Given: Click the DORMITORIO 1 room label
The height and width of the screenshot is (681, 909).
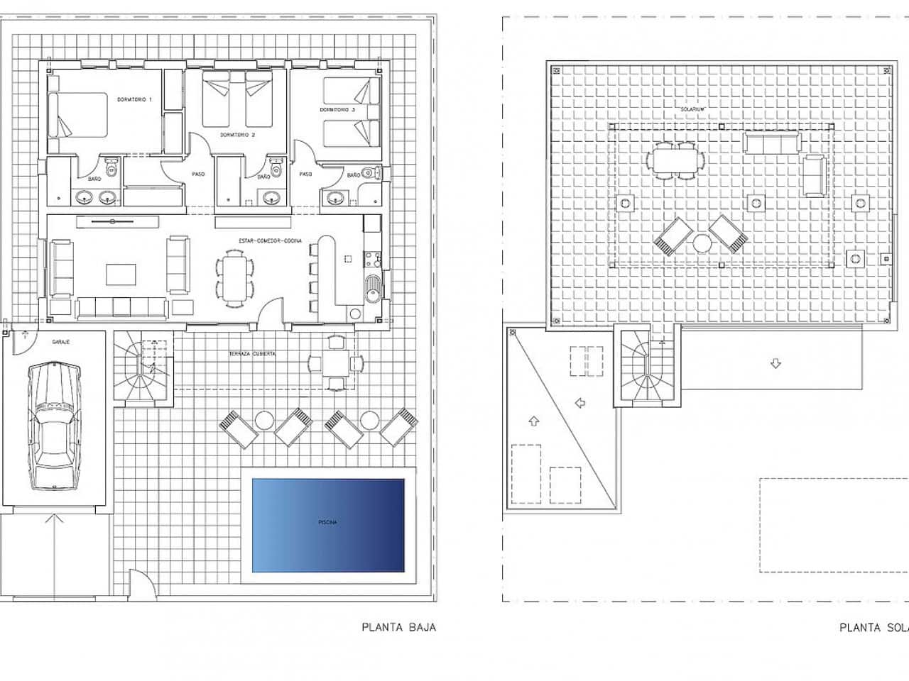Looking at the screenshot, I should [135, 100].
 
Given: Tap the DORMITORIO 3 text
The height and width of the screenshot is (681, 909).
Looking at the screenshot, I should [337, 110].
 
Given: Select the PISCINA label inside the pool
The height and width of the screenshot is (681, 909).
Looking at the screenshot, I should [328, 523].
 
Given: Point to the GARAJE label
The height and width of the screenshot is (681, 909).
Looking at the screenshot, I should [60, 341].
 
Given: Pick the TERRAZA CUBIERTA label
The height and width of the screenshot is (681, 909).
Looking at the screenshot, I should [252, 353].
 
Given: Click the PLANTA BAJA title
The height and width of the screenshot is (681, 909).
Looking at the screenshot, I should [398, 627].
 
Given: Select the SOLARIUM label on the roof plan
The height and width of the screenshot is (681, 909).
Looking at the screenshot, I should [690, 110].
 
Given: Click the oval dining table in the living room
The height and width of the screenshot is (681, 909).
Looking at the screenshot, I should [234, 279].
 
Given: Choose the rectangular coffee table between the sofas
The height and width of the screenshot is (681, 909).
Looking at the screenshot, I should [121, 275].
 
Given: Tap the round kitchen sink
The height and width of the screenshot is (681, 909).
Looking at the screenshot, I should [372, 287].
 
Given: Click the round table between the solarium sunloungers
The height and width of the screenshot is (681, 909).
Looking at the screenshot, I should [702, 243].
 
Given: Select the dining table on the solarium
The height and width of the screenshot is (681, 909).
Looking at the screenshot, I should [675, 160].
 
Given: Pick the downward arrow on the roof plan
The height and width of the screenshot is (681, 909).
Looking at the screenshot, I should [775, 364].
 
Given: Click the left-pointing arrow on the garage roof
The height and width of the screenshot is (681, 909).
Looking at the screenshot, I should [579, 403].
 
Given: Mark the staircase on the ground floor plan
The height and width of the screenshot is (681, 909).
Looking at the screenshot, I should [144, 369].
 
